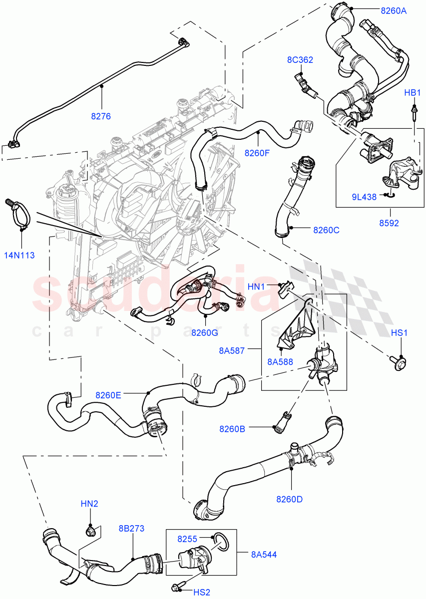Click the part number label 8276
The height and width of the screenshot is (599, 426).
[x=100, y=116]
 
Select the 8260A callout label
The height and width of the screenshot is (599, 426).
[x=393, y=10]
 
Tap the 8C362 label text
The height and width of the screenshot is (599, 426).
[x=300, y=60]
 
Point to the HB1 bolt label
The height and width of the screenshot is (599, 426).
[x=413, y=93]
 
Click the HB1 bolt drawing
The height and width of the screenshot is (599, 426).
[x=414, y=114]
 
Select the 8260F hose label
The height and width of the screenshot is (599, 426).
[x=257, y=153]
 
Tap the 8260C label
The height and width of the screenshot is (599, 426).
[x=326, y=230]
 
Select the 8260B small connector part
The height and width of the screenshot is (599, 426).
[x=283, y=420]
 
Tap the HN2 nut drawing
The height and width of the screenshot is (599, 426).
[x=90, y=530]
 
